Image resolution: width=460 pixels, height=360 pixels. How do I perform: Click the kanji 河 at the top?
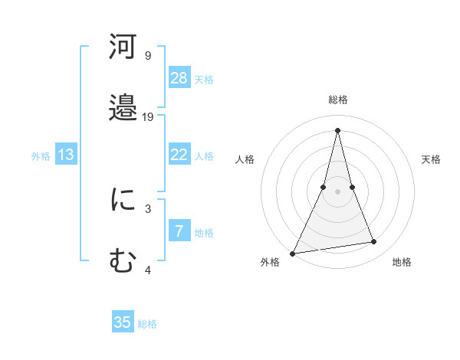coord(123,47)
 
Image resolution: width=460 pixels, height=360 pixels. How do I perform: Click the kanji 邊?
coord(123,107)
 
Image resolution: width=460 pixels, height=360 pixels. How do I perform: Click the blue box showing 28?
coord(179,77)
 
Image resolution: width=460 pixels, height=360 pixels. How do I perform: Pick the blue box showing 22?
coord(179,155)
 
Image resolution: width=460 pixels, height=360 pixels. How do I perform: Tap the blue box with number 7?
coord(179,231)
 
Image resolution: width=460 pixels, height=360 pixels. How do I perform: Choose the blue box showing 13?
coord(66,155)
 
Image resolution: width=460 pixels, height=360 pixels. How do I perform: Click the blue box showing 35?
coord(123,322)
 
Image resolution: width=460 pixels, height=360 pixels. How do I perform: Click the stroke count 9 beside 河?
coord(148,55)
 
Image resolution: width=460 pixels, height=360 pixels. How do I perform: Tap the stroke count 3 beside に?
coord(148,208)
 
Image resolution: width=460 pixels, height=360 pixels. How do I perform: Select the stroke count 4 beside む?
coord(148,270)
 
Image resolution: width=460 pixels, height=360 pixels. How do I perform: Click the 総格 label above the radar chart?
coord(338,100)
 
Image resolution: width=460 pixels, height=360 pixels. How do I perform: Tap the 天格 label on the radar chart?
coord(432,159)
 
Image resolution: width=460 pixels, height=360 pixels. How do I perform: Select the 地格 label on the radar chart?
coord(402,263)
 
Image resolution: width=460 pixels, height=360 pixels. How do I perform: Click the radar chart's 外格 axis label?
coord(270,263)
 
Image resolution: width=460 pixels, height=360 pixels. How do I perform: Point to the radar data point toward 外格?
coord(293,254)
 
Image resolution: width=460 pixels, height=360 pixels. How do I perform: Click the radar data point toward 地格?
coord(374,242)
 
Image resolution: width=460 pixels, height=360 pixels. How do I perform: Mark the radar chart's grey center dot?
coord(337,191)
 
